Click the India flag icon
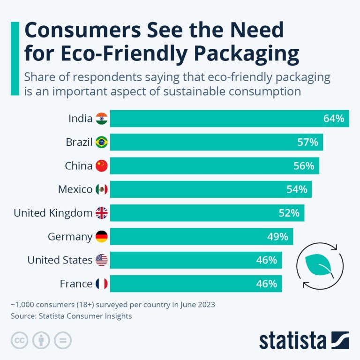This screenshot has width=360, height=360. pyautogui.click(x=101, y=119)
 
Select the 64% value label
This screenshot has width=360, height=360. pyautogui.click(x=334, y=119)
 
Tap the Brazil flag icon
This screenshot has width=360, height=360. pyautogui.click(x=101, y=142)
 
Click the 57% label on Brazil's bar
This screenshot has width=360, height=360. pyautogui.click(x=307, y=142)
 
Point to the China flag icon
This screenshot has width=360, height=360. pyautogui.click(x=101, y=165)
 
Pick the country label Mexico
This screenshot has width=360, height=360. pyautogui.click(x=75, y=189)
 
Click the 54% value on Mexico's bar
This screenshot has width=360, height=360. pyautogui.click(x=297, y=189)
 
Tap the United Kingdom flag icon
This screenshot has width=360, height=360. pyautogui.click(x=101, y=213)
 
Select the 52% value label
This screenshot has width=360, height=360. pyautogui.click(x=289, y=213)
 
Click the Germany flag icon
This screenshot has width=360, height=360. pyautogui.click(x=101, y=237)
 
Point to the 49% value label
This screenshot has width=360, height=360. pyautogui.click(x=277, y=237)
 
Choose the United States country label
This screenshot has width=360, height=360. pyautogui.click(x=60, y=260)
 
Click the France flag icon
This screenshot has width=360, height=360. pyautogui.click(x=101, y=284)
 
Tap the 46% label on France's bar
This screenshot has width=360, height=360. pyautogui.click(x=266, y=284)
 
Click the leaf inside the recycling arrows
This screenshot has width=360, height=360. pyautogui.click(x=318, y=265)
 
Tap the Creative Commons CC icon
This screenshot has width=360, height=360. pyautogui.click(x=19, y=340)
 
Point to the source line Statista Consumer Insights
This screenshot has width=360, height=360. pyautogui.click(x=71, y=316)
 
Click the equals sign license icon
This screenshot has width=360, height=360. pyautogui.click(x=62, y=340)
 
